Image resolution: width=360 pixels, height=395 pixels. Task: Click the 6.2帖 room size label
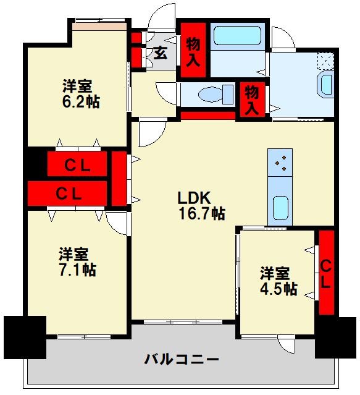82,101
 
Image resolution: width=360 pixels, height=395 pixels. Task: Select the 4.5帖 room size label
278,288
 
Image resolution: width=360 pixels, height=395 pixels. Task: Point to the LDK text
195,198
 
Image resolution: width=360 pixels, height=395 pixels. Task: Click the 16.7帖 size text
201,214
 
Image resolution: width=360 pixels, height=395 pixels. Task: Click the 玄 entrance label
160,53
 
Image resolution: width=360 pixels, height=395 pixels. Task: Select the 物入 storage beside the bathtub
193,51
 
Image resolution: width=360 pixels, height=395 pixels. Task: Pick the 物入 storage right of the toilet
251,100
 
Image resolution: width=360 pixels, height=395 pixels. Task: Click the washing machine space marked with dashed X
325,61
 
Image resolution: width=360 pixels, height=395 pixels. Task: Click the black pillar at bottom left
25,337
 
